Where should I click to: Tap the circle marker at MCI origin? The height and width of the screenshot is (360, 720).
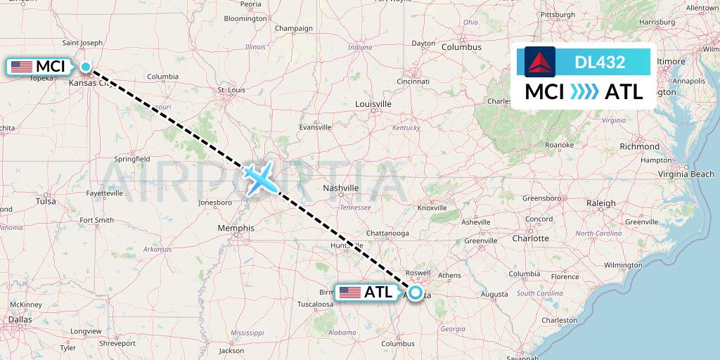tap(86, 67)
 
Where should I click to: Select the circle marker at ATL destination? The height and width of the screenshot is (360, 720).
tap(416, 293)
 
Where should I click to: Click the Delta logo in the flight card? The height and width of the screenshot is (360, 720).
tap(540, 62)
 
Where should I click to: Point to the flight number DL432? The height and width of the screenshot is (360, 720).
tap(600, 62)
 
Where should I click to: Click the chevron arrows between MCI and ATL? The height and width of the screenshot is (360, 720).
tap(584, 91)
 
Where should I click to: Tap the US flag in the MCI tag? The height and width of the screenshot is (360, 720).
tap(22, 67)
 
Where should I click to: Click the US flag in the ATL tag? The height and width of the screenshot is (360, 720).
tap(349, 292)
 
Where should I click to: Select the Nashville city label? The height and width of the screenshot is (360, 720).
tap(340, 188)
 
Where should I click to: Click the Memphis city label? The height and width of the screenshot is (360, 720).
tap(236, 228)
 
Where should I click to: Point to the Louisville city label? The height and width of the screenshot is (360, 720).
tap(373, 104)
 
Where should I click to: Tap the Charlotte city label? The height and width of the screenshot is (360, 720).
tap(530, 238)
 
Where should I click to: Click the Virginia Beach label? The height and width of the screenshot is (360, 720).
tap(686, 174)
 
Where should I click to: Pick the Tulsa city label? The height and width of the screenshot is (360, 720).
tap(46, 200)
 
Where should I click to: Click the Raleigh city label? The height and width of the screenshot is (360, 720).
tap(601, 203)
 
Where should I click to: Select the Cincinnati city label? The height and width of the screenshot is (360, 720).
tap(413, 81)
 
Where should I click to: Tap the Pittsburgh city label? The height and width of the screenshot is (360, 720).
tap(558, 14)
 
